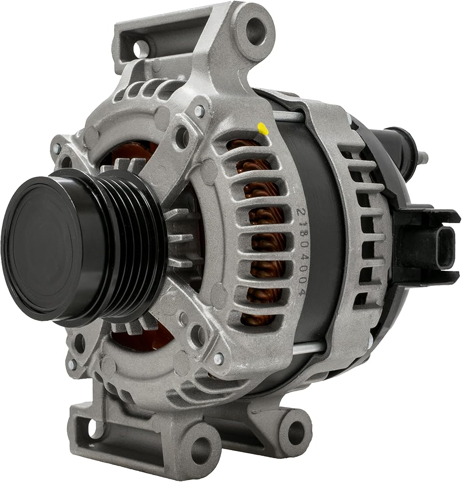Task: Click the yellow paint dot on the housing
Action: pos(262,129)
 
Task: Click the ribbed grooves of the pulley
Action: pos(136,246)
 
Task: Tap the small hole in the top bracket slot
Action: pos(140,47)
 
